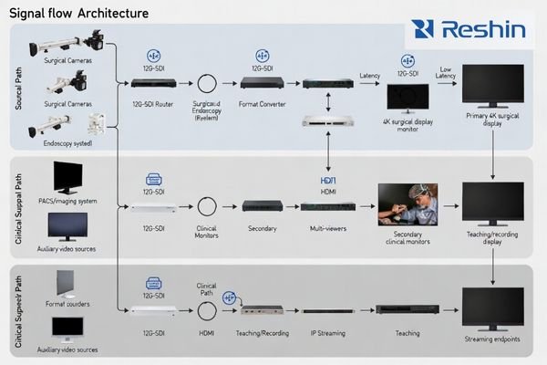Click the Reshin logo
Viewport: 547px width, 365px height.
[x=468, y=29]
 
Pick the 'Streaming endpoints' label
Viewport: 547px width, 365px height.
[x=493, y=340]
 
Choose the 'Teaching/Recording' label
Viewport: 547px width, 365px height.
[x=262, y=334]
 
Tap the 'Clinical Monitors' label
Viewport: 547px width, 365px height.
[x=206, y=232]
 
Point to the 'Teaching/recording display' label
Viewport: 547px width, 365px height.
[x=493, y=238]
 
